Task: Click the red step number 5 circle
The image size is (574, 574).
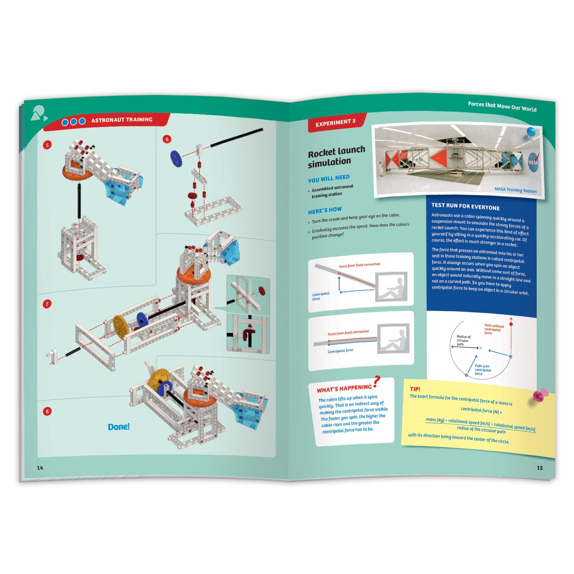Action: [47, 145]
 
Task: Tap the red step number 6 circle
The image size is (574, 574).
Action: [167, 139]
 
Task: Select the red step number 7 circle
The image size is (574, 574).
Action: [47, 304]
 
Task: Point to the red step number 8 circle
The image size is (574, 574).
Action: [47, 411]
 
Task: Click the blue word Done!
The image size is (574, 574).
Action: [118, 427]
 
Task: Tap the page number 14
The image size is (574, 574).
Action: [40, 468]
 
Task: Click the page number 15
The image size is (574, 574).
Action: [540, 468]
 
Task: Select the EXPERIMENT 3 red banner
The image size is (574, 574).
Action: [335, 122]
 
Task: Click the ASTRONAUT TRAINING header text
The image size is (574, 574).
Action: [122, 120]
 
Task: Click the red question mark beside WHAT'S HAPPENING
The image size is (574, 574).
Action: [376, 382]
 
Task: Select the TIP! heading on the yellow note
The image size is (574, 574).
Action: [415, 389]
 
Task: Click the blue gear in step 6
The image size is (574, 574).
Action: [175, 157]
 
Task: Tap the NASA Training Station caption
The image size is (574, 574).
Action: [515, 190]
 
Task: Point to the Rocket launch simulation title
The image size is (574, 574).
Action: [336, 156]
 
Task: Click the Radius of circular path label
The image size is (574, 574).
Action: [464, 340]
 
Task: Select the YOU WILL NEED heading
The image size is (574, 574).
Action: [328, 178]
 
